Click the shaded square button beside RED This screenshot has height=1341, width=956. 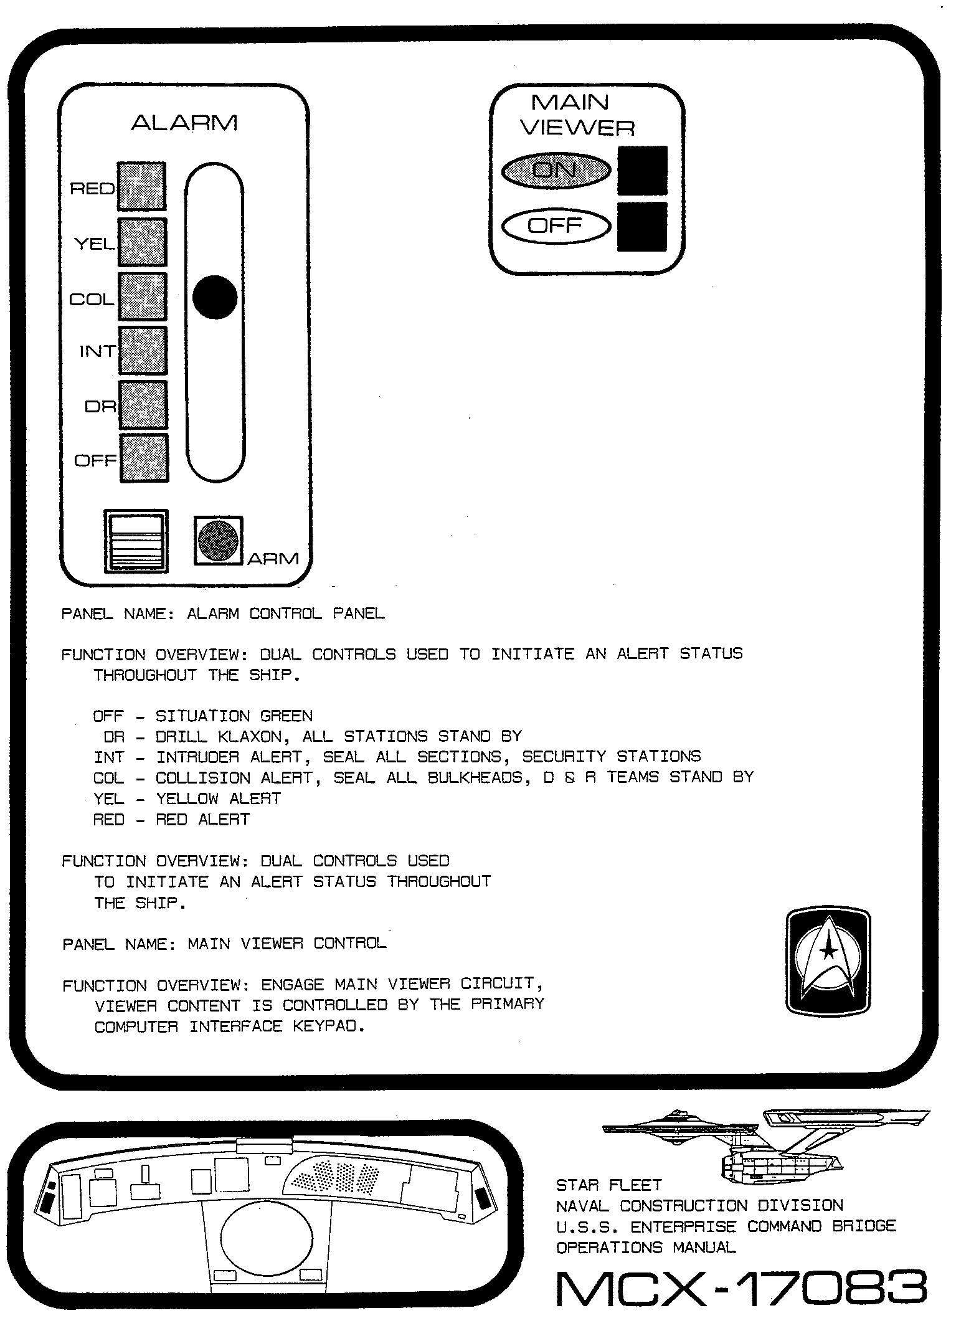[x=142, y=187]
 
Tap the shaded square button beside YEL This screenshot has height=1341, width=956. [x=142, y=242]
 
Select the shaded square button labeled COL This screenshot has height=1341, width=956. [x=142, y=296]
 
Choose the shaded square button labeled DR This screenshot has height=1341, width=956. [x=143, y=405]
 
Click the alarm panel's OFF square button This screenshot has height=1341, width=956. [x=143, y=458]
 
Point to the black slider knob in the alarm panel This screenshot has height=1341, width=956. [x=215, y=297]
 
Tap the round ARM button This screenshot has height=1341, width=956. [x=217, y=541]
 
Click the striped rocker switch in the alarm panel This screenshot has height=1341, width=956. [x=135, y=541]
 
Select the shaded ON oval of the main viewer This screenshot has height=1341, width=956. [x=556, y=170]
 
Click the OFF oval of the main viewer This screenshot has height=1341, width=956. [x=556, y=226]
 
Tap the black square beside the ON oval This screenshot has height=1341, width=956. [x=642, y=171]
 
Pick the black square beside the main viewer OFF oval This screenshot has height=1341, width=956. [x=642, y=227]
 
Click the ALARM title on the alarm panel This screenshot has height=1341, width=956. [x=184, y=123]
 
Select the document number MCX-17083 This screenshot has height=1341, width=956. [x=741, y=1289]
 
